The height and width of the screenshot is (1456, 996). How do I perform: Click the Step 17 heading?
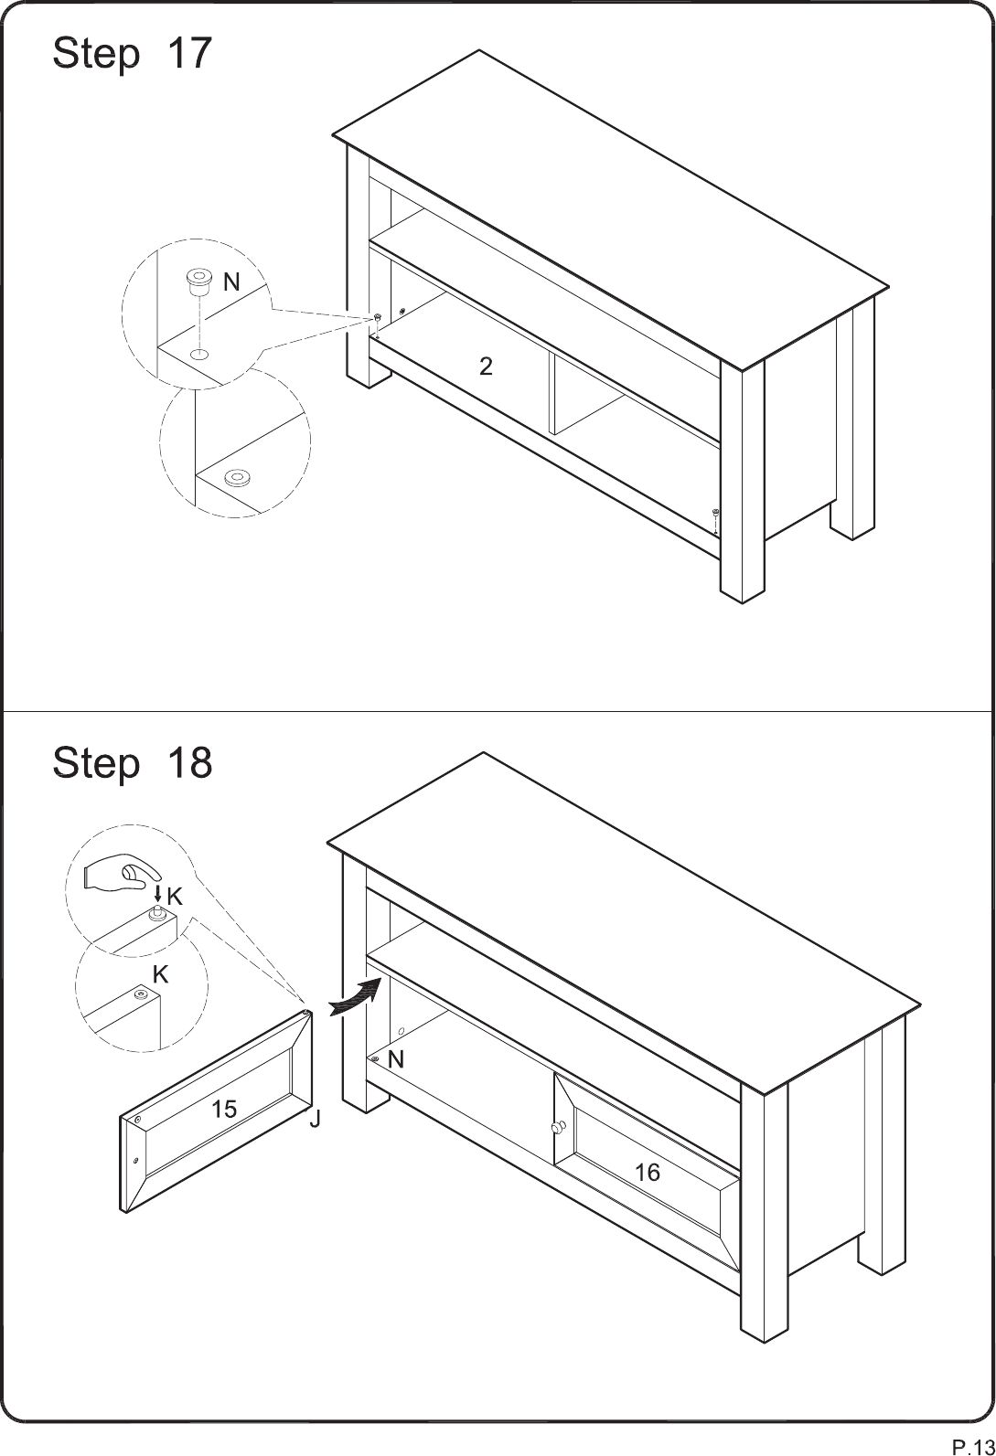(x=132, y=53)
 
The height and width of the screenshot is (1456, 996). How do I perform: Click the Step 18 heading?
(x=132, y=762)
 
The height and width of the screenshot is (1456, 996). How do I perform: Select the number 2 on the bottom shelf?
(x=486, y=367)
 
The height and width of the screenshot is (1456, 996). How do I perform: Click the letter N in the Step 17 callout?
(x=231, y=282)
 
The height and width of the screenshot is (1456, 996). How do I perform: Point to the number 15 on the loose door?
(x=224, y=1109)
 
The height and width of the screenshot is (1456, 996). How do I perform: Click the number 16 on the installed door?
(x=648, y=1173)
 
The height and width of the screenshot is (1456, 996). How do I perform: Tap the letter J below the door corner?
(x=315, y=1120)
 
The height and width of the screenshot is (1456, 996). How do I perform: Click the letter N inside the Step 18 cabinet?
(x=395, y=1060)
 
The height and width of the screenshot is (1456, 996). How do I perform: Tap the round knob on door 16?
(x=558, y=1127)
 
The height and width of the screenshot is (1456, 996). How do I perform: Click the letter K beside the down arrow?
(x=175, y=898)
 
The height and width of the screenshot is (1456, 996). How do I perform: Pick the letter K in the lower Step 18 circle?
(x=161, y=975)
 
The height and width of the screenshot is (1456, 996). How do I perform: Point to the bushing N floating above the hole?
(x=199, y=282)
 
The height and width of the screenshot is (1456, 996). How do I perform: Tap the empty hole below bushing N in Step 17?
(x=199, y=355)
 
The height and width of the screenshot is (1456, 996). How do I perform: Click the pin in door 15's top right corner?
(x=305, y=1012)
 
